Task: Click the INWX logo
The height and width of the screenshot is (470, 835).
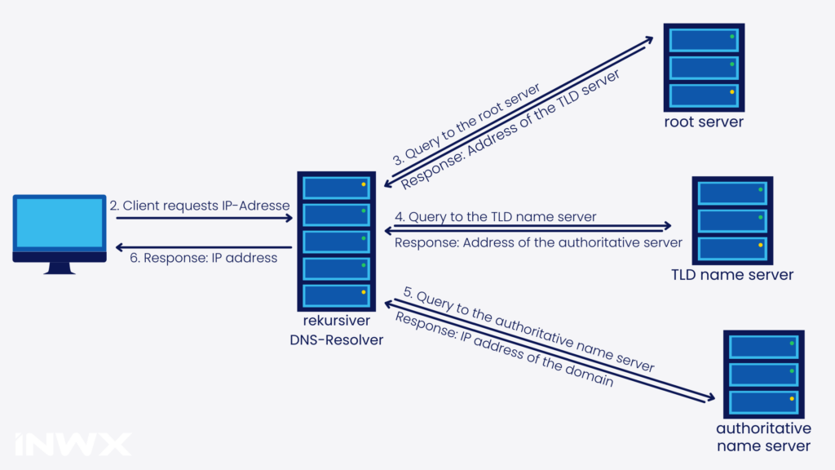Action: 73,443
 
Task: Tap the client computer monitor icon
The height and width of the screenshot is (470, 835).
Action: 60,228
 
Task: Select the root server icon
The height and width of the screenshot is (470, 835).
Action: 703,66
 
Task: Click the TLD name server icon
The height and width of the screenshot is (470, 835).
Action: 732,219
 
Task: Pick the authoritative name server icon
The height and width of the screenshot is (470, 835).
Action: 763,374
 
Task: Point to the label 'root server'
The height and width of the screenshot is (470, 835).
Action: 703,122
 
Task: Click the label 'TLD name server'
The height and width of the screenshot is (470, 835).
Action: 732,275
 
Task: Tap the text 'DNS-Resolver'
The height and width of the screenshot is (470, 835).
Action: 336,339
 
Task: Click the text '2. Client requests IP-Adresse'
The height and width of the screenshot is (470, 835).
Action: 200,206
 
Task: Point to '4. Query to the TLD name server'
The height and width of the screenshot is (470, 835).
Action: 496,217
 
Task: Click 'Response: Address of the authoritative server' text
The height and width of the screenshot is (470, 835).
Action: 538,242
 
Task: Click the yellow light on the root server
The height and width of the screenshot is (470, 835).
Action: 732,92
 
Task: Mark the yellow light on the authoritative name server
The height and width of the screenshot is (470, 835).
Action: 791,399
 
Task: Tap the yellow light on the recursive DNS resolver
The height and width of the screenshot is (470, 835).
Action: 364,292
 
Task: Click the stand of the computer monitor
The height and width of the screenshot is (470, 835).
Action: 60,267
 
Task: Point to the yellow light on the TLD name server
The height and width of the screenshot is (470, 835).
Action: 761,245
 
